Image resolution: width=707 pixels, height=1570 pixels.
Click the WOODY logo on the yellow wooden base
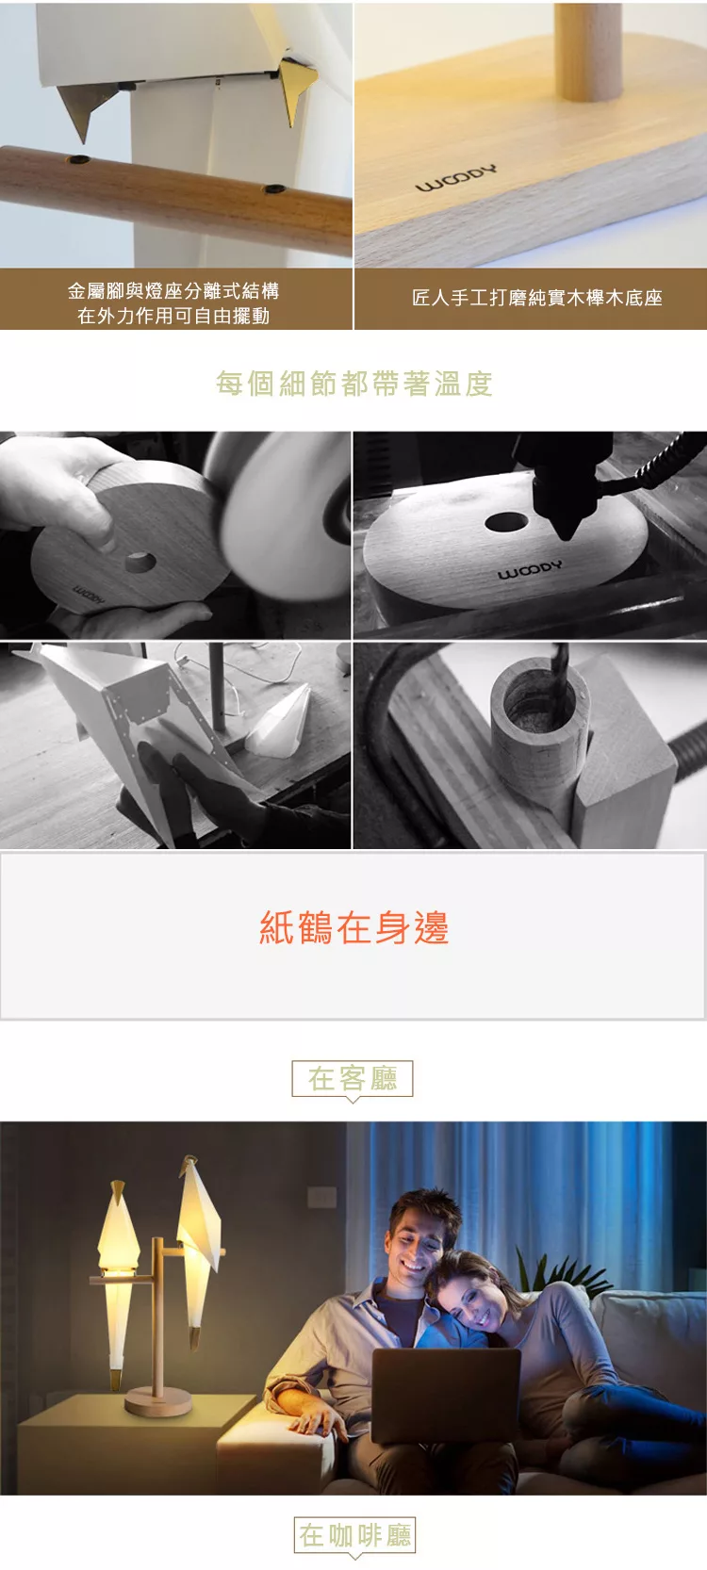pos(456,178)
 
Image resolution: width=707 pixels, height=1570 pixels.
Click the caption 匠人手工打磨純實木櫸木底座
pos(537,298)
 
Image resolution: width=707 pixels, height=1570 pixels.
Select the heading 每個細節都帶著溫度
pos(354,384)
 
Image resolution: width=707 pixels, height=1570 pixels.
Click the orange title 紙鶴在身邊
pos(354,927)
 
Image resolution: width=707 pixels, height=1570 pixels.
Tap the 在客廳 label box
pos(353,1079)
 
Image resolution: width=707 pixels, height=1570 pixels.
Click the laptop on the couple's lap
pos(446,1394)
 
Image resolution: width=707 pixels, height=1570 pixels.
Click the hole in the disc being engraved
pos(506,521)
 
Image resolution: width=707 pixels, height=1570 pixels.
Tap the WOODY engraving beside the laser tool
pos(530,569)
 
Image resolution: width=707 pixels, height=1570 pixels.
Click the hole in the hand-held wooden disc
pos(140,562)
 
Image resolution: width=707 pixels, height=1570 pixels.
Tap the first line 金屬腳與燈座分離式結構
pos(173,291)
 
